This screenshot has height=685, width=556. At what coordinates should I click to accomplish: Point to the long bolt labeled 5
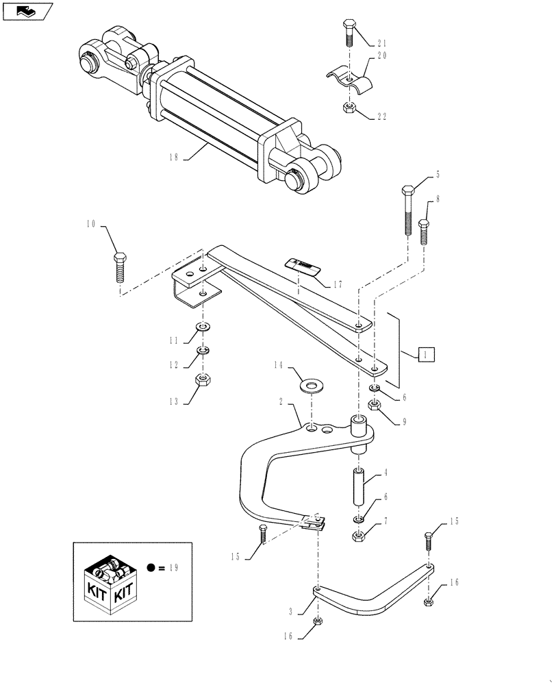tap(409, 209)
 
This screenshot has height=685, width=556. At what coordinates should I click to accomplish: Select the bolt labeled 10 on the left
tap(118, 266)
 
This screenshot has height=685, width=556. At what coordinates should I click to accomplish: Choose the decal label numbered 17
tap(302, 265)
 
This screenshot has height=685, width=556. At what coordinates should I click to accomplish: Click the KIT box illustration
tap(109, 581)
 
